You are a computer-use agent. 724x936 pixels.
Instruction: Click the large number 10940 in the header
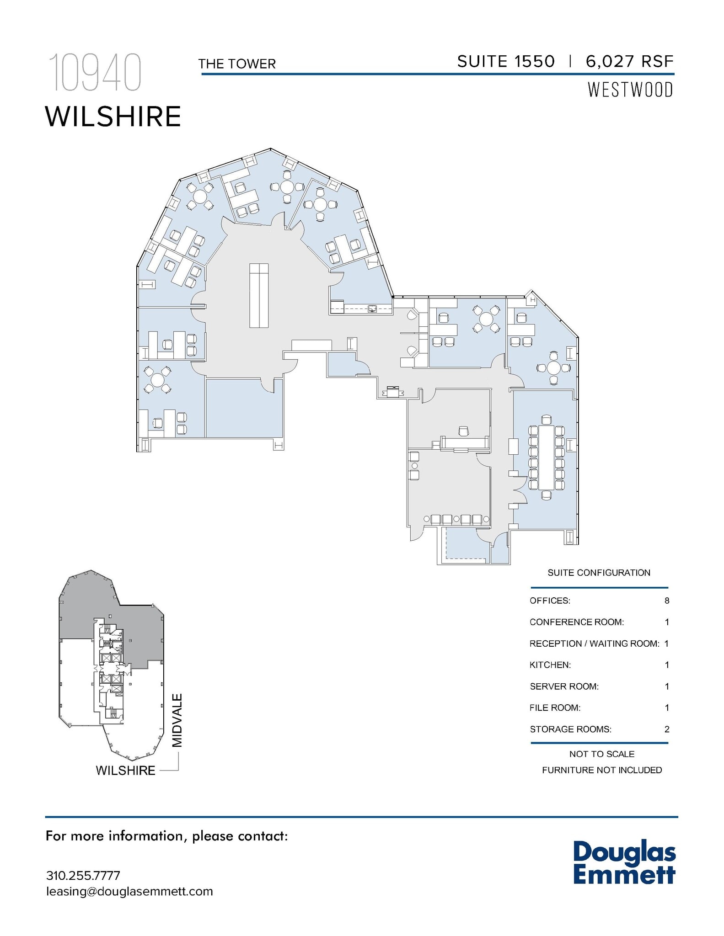(95, 73)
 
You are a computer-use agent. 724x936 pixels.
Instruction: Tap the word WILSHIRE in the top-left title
(113, 117)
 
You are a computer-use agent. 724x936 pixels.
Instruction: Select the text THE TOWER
(237, 64)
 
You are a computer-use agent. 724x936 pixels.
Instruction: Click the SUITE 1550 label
(506, 61)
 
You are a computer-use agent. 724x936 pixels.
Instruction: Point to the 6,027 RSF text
(630, 61)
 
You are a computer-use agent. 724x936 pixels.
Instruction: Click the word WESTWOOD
(630, 90)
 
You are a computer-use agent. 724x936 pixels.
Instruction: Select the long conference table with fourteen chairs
(547, 457)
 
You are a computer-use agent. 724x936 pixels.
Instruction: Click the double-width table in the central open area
(259, 295)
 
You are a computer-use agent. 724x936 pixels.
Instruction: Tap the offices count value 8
(667, 601)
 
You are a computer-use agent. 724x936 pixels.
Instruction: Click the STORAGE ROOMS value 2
(667, 729)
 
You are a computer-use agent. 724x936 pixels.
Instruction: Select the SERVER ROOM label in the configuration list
(564, 686)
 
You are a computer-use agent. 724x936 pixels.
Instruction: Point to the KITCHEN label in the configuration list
(550, 665)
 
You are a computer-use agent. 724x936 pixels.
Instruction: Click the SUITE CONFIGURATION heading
(599, 573)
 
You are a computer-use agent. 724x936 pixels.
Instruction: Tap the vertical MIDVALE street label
(177, 721)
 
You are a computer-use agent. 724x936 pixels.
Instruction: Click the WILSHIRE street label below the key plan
(126, 771)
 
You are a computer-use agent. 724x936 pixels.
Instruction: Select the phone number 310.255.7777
(83, 876)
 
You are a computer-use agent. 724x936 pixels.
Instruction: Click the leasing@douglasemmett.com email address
(129, 892)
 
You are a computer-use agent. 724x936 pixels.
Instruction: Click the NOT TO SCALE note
(602, 754)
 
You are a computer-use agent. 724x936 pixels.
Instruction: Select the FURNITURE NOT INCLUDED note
(602, 770)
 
